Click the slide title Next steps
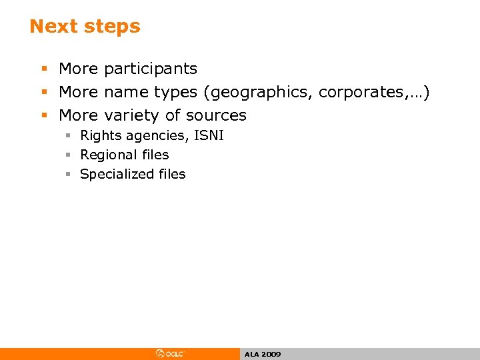pyautogui.click(x=85, y=27)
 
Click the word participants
pyautogui.click(x=151, y=69)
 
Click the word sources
pyautogui.click(x=215, y=115)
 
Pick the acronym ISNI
pyautogui.click(x=209, y=135)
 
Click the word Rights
pyautogui.click(x=101, y=135)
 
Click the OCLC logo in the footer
pyautogui.click(x=171, y=354)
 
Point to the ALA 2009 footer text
pyautogui.click(x=263, y=355)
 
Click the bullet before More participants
pyautogui.click(x=44, y=69)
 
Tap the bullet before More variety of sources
pyautogui.click(x=44, y=115)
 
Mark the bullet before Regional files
pyautogui.click(x=68, y=155)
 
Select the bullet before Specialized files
pyautogui.click(x=68, y=174)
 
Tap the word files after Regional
pyautogui.click(x=155, y=155)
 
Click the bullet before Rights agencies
pyautogui.click(x=68, y=136)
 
